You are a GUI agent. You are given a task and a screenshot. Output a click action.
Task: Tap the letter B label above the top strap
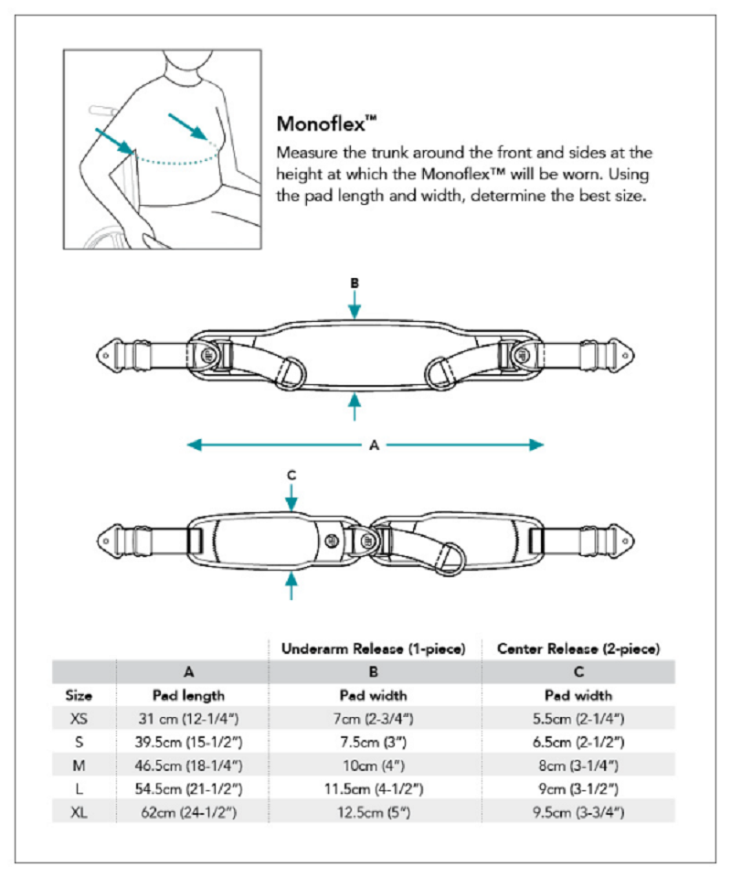click(355, 284)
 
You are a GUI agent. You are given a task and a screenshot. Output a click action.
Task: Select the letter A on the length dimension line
click(374, 445)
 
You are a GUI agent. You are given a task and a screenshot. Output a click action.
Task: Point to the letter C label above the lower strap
click(291, 474)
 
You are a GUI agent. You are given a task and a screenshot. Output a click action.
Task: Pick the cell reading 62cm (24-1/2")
click(190, 810)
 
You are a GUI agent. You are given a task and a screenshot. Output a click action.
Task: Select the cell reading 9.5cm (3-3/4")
click(578, 810)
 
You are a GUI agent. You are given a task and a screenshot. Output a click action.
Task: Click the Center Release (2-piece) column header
click(578, 648)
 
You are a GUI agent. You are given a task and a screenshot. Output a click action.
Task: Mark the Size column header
click(79, 695)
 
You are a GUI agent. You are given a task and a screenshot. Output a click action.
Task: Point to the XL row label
click(79, 810)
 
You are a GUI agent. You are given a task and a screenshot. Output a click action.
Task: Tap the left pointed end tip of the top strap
click(103, 352)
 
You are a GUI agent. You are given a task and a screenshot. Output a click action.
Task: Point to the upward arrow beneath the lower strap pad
click(291, 585)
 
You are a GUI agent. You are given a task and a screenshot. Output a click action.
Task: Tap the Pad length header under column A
click(190, 695)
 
